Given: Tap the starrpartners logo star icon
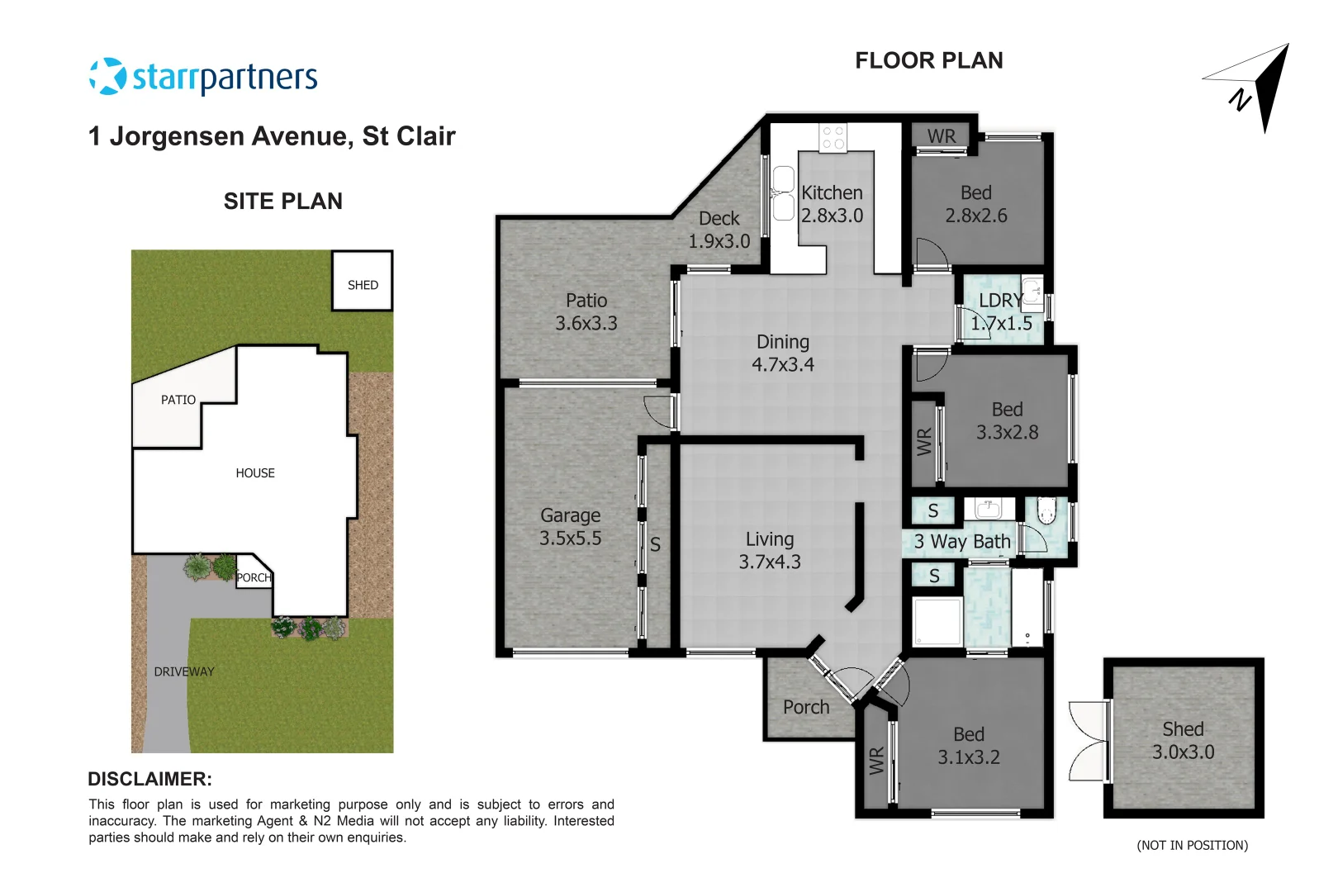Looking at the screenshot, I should [107, 76].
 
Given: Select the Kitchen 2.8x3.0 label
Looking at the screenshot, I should [832, 204].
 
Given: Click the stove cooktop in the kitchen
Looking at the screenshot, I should [833, 137].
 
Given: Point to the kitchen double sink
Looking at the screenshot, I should [783, 193].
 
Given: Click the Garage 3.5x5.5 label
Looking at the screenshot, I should [570, 527].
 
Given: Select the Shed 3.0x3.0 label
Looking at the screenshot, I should [1183, 741].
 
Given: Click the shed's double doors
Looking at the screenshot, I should [1089, 741].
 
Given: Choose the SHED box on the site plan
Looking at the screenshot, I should [362, 282].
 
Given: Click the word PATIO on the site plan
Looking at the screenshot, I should [178, 400].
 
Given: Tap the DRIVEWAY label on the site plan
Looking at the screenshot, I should [183, 671].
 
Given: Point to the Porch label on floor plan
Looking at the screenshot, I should [806, 707].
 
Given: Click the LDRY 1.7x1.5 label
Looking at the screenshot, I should [1000, 312].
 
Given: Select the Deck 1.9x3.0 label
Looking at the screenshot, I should [719, 230].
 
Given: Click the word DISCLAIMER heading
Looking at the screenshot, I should [149, 779].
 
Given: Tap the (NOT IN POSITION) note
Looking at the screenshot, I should [1192, 845].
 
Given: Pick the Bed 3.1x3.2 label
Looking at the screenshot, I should [968, 746].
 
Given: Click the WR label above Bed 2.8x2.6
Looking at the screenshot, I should [941, 135].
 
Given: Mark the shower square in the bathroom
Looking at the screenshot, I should [937, 621].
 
